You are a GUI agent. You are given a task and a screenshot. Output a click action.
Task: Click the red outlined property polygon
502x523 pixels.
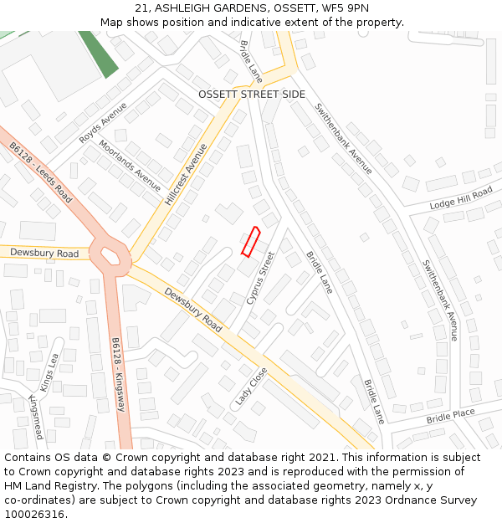point(251,241)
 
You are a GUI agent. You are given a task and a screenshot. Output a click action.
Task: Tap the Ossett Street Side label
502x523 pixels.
point(252,95)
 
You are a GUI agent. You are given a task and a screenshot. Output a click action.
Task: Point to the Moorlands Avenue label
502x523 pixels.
point(130,165)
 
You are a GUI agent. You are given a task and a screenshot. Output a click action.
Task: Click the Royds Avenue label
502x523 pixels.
point(103,123)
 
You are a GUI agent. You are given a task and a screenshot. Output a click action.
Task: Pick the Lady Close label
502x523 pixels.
point(251,386)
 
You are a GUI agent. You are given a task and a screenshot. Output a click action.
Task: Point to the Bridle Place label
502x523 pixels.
point(450,416)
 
